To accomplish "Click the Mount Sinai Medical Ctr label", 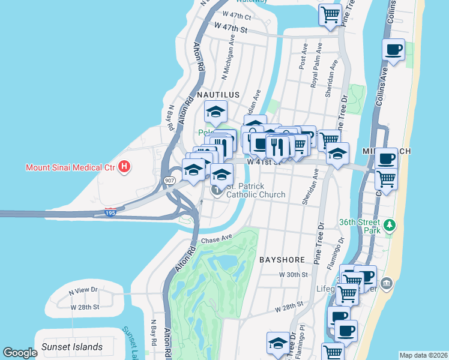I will coord(70,167).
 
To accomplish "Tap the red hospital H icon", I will coord(124,166).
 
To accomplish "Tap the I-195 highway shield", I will coord(110,212).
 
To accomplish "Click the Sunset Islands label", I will coord(72,347).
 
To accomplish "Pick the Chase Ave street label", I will coord(217,239).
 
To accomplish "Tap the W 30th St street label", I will coord(294,274).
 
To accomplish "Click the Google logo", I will coord(20,353).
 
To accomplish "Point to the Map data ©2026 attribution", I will coord(423,355).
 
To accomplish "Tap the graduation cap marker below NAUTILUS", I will coord(215,112).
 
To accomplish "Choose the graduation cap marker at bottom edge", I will coord(278,343).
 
